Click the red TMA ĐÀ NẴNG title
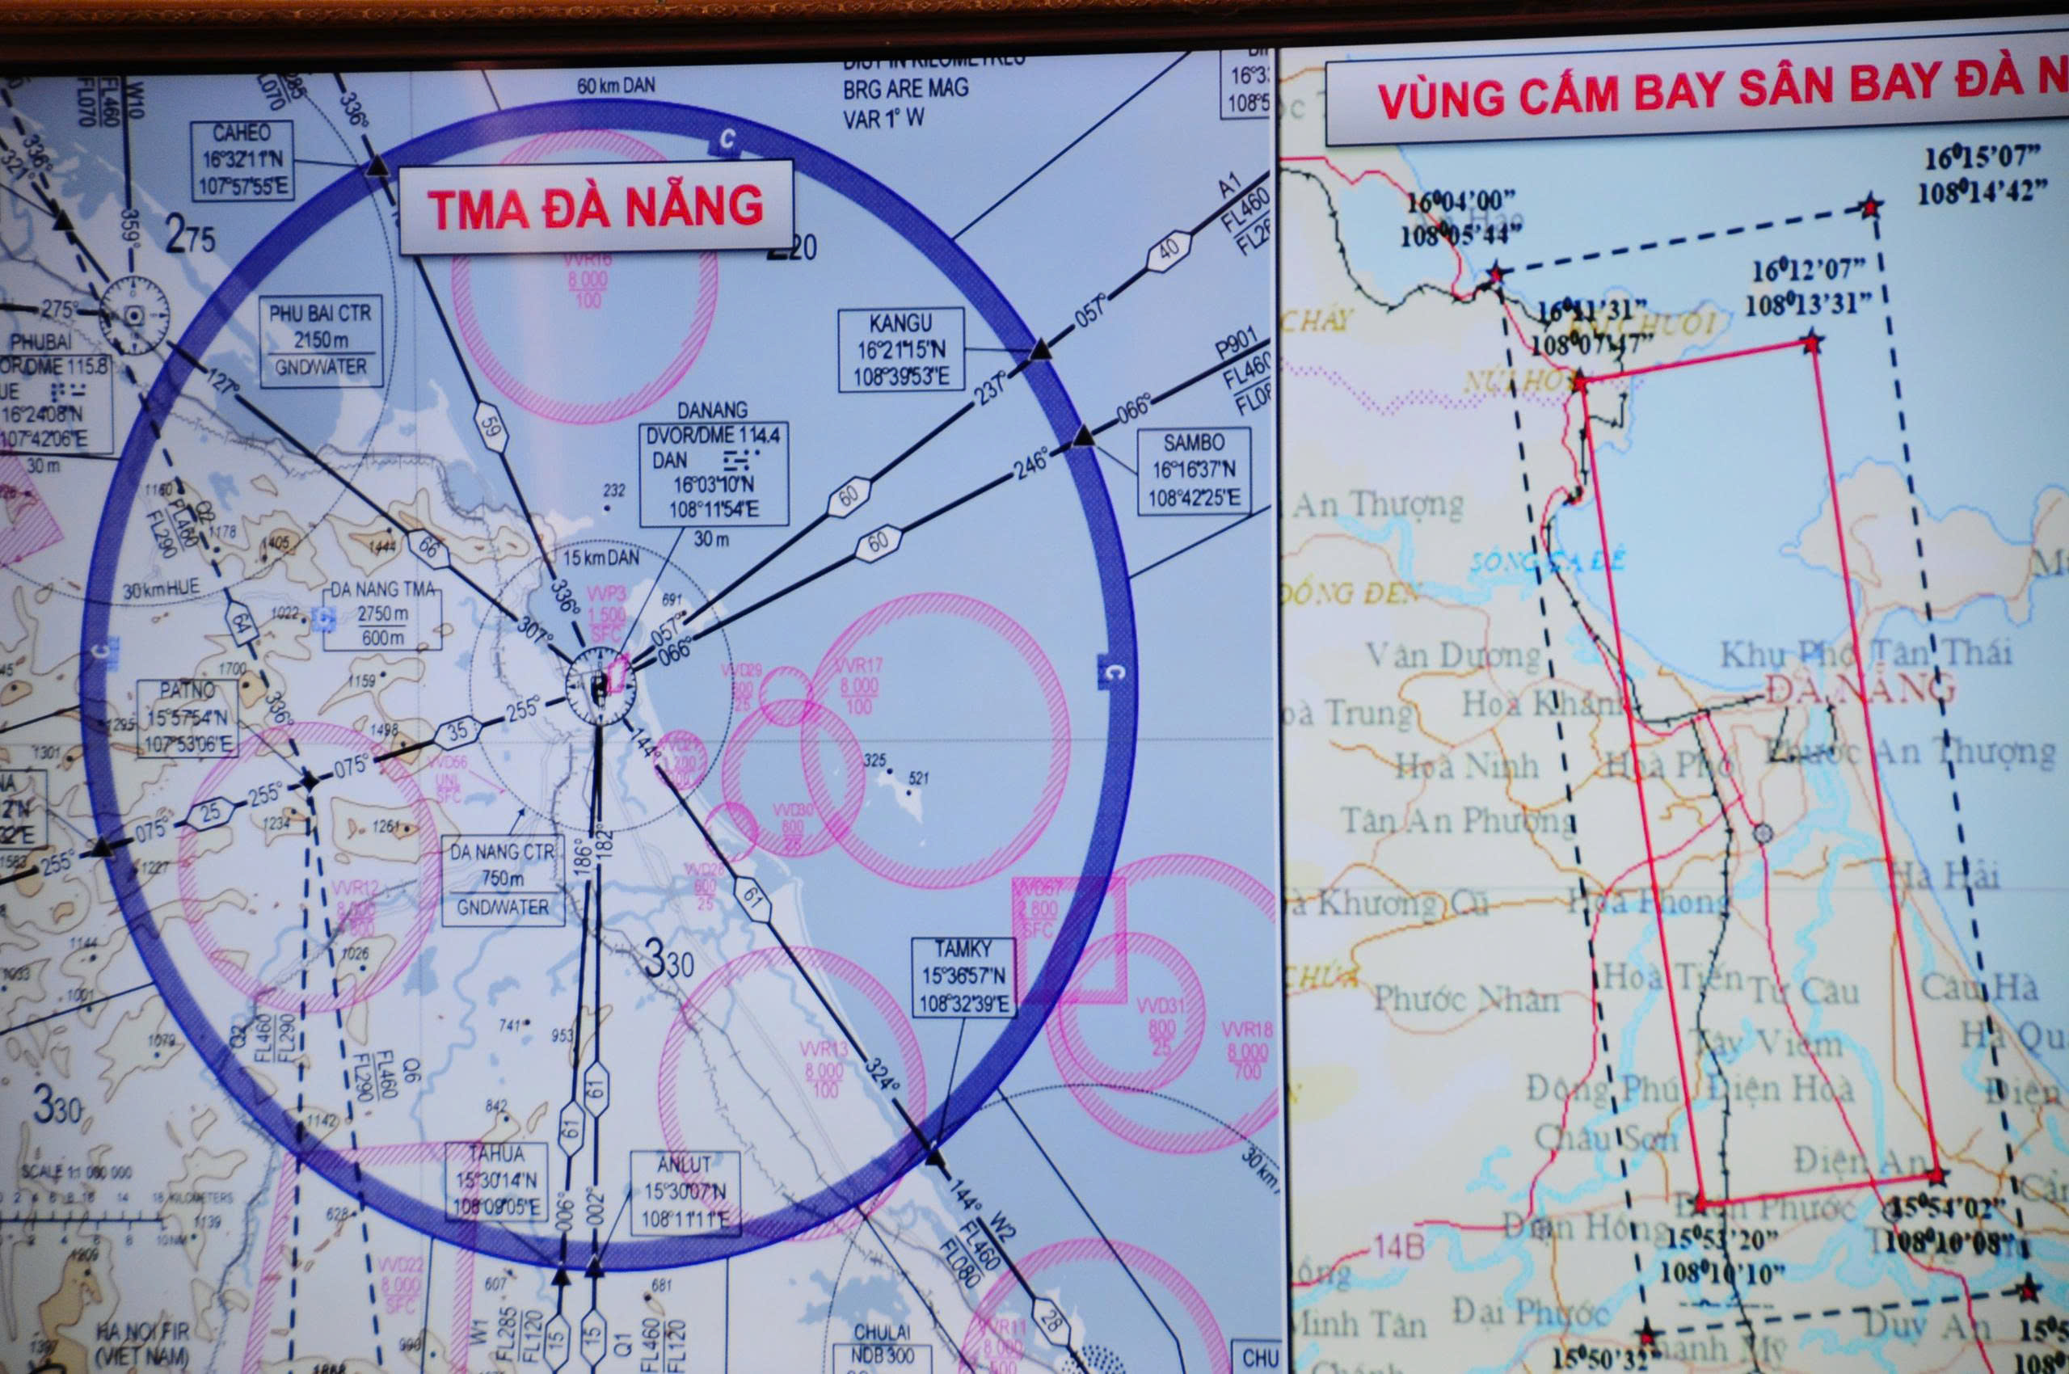(x=596, y=208)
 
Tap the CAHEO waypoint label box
(x=242, y=159)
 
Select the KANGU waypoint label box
(x=901, y=350)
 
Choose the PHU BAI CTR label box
(x=320, y=340)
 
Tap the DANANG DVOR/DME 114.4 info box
(x=714, y=472)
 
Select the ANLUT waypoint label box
(x=685, y=1193)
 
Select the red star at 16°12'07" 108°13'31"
(x=1811, y=342)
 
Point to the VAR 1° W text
(x=883, y=118)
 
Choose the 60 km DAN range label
(x=615, y=86)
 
